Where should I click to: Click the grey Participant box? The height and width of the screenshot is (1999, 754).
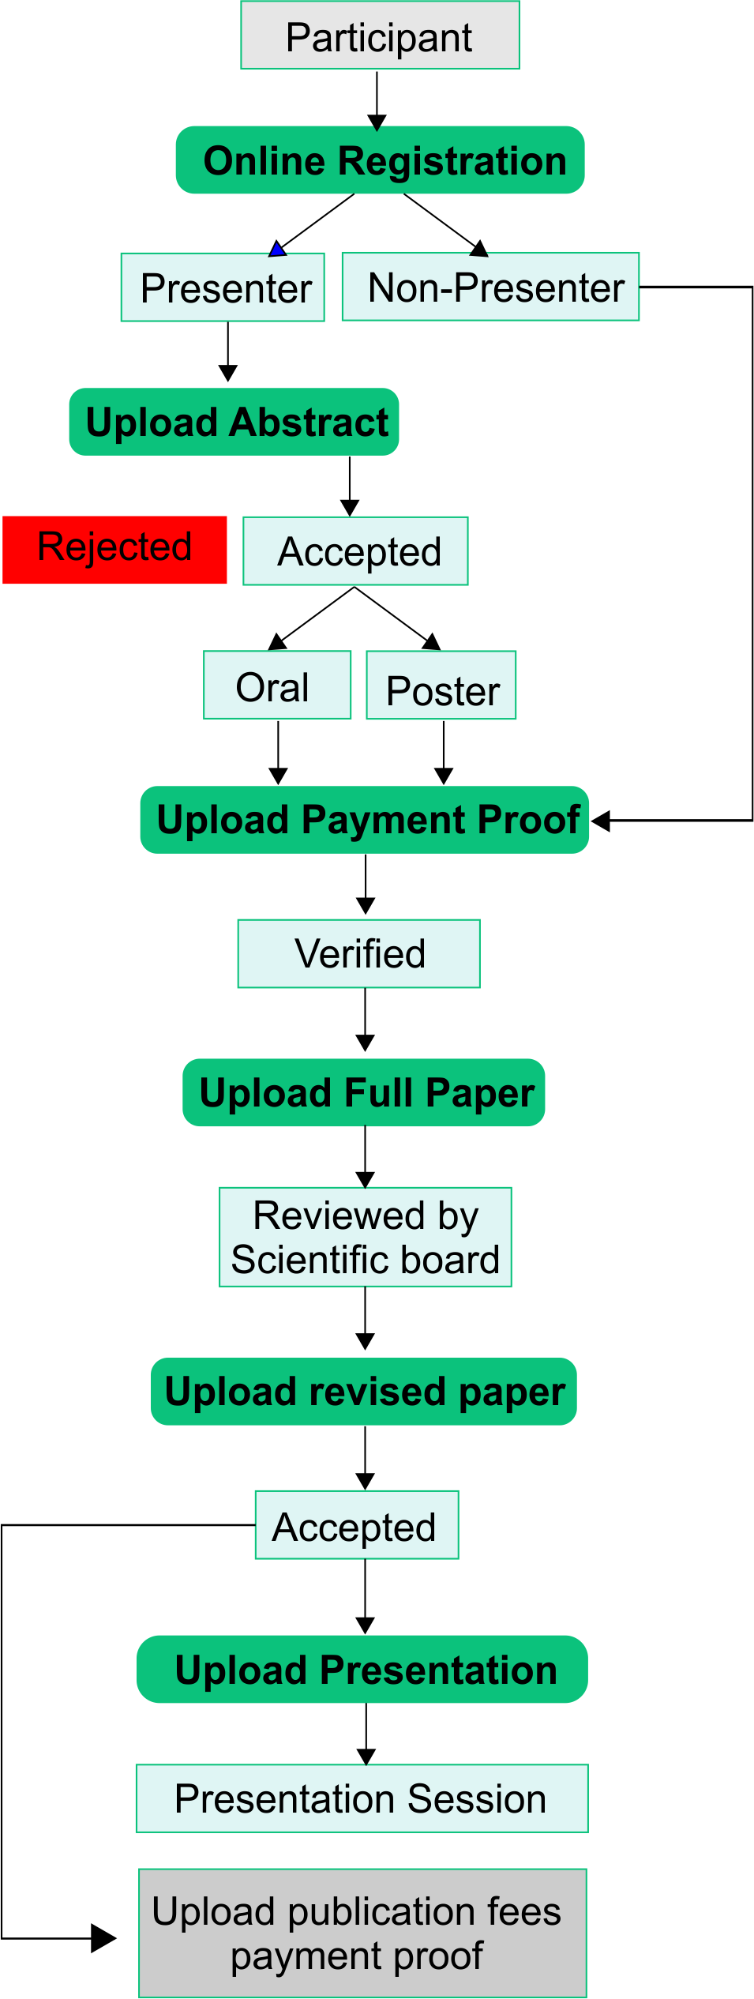tap(380, 36)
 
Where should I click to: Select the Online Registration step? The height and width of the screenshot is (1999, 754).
tap(380, 160)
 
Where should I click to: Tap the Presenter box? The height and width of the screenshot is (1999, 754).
tap(223, 287)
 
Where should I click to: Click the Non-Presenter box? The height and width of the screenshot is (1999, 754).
tap(490, 287)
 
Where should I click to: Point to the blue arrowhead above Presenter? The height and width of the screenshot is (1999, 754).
tap(277, 250)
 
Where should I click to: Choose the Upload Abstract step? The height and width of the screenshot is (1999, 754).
tap(234, 422)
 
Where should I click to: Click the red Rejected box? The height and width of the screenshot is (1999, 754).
tap(114, 550)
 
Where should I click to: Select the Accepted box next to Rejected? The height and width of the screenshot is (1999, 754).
tap(355, 551)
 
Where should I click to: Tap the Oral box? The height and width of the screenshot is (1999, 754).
tap(277, 685)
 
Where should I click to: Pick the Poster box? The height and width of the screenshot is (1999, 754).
tap(441, 686)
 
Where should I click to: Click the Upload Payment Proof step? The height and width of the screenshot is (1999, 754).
tap(364, 820)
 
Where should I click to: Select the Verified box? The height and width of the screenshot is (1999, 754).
tap(359, 953)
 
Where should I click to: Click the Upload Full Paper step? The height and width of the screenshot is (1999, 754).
tap(364, 1092)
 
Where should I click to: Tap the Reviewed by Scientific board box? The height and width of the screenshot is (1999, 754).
tap(366, 1237)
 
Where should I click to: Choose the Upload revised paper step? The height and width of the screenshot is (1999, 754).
tap(364, 1391)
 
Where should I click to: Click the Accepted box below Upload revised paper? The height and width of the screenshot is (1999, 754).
tap(357, 1524)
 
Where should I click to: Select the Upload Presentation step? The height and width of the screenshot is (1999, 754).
tap(362, 1669)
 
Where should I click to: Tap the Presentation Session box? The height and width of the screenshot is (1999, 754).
tap(362, 1798)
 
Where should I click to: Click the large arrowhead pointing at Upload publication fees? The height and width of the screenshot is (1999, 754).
tap(103, 1937)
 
